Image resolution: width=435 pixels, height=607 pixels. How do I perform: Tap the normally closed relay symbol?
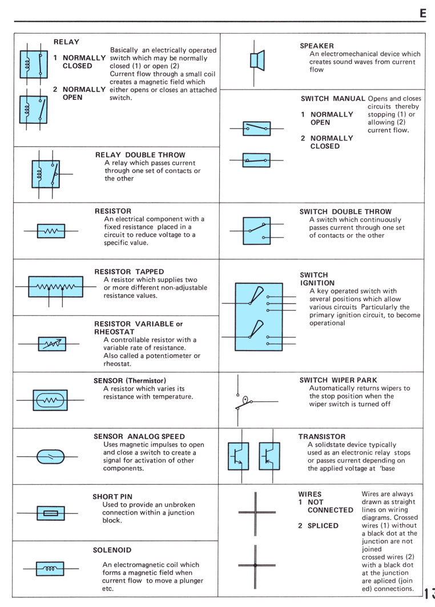coord(34,64)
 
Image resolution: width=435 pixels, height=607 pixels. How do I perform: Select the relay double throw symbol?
coord(49,174)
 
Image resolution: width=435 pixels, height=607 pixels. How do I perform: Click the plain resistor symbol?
coord(51,231)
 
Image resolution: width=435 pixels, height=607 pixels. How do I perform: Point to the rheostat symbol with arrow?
coord(52,344)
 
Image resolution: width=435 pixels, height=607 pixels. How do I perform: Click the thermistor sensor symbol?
coord(50,400)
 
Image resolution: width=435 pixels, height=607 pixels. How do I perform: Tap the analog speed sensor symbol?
coord(50,457)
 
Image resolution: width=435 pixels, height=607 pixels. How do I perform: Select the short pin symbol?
coord(51,513)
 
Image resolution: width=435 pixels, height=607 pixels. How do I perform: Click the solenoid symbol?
coord(50,569)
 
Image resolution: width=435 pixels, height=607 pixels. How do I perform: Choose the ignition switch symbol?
coord(259,317)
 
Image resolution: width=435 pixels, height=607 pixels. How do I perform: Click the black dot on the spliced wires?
coord(255,565)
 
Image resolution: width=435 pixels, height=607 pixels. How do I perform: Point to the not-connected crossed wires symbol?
coord(255,513)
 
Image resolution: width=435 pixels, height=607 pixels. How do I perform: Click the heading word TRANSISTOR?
coord(321,436)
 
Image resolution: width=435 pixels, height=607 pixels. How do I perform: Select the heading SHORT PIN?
coord(112,496)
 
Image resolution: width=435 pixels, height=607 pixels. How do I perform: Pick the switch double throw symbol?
coord(256,231)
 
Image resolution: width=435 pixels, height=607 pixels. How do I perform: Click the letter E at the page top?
coord(422,14)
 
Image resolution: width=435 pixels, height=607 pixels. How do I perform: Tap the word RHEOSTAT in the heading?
coord(114,332)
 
